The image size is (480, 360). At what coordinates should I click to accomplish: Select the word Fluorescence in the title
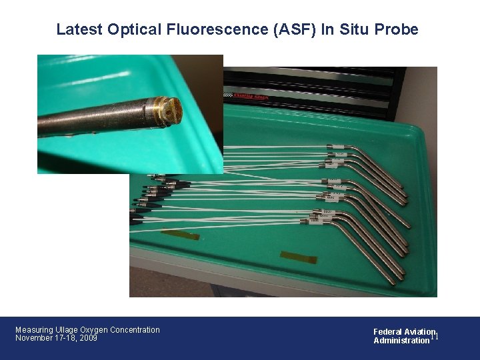click(x=197, y=29)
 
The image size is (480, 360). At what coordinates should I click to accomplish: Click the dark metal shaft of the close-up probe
click(x=93, y=120)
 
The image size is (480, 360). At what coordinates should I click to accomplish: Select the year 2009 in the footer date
click(x=88, y=339)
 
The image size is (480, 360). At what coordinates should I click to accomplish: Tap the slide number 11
click(x=434, y=336)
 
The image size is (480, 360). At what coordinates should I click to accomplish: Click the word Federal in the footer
click(x=387, y=332)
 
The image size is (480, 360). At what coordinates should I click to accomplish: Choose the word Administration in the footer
click(x=401, y=341)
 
